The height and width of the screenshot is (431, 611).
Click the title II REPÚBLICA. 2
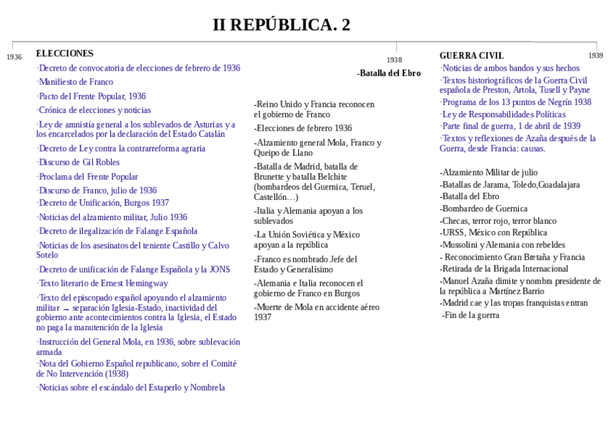(x=281, y=24)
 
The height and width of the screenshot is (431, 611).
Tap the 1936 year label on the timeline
(x=14, y=57)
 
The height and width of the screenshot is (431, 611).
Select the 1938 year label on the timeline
(x=394, y=60)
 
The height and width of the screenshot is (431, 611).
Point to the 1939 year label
(x=595, y=55)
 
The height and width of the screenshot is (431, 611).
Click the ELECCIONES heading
(x=65, y=53)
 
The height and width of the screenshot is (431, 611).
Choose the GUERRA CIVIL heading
(x=471, y=55)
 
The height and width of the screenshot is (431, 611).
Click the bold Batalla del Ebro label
(x=389, y=73)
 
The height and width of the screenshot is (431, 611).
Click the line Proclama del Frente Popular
(x=87, y=176)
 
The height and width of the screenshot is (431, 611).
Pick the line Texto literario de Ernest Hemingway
(x=102, y=283)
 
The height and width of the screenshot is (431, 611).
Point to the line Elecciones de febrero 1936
(x=303, y=128)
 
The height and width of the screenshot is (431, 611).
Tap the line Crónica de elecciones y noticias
(x=94, y=110)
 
